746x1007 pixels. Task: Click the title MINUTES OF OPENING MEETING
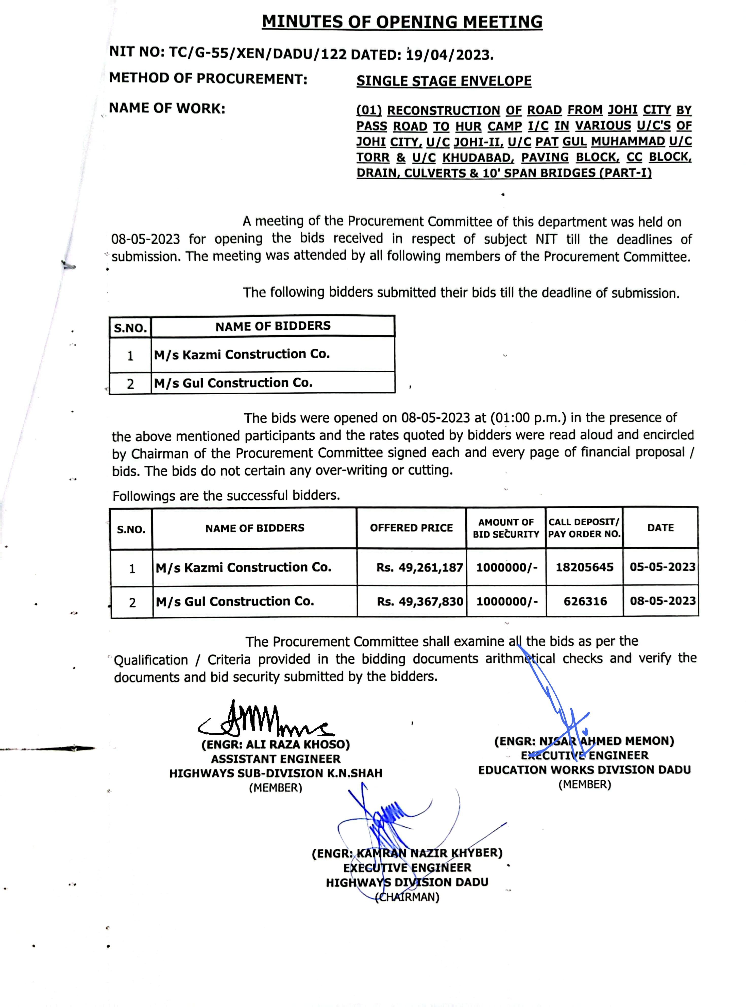[x=402, y=22]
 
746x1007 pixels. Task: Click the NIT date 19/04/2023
[x=449, y=55]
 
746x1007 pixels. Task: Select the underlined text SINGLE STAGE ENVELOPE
[x=444, y=81]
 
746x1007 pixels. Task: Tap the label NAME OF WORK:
[x=167, y=108]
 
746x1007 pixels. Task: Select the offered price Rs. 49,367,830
[x=420, y=601]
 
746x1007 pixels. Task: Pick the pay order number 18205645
[x=584, y=567]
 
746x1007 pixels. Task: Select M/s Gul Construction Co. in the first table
[x=233, y=383]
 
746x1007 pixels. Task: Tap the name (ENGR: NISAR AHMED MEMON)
[x=584, y=741]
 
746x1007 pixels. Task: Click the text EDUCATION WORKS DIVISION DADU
[x=584, y=770]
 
